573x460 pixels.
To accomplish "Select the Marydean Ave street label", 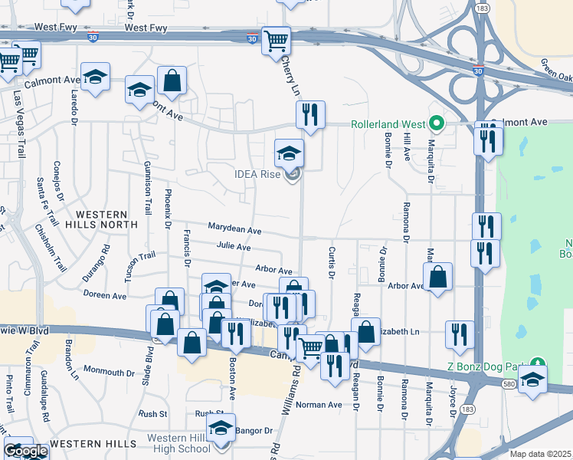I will click(x=234, y=230).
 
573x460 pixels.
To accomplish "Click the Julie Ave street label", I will click(x=234, y=248).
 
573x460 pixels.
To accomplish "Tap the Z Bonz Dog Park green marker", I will click(x=539, y=363).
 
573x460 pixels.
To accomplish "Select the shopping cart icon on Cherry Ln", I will click(x=276, y=40).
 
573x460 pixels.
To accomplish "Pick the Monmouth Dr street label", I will click(x=108, y=372).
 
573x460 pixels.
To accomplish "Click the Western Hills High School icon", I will click(x=221, y=429).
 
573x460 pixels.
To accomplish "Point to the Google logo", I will click(x=25, y=451).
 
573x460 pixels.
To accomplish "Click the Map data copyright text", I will click(x=540, y=454).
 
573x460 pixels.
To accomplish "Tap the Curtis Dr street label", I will click(x=332, y=262).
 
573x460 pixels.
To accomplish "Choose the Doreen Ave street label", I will click(x=105, y=295).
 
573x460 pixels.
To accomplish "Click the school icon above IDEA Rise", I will click(x=289, y=153).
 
